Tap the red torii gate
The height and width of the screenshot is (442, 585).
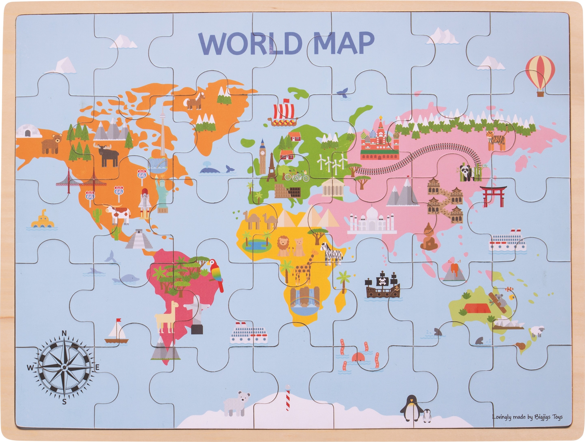(493, 196)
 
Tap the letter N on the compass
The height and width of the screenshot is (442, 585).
(64, 334)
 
